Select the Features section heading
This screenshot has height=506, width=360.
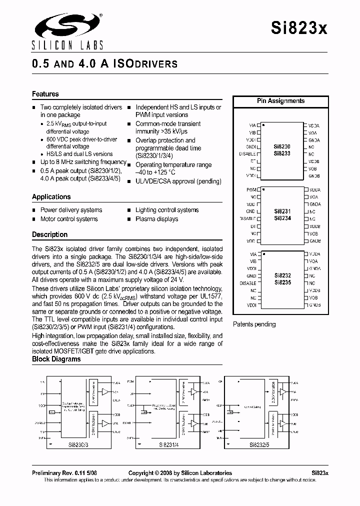click(45, 94)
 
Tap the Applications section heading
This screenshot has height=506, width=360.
click(51, 197)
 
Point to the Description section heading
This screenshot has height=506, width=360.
click(49, 234)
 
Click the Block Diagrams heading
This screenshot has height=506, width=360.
click(56, 359)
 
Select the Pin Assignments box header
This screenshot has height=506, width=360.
click(280, 101)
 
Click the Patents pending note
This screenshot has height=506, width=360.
click(254, 324)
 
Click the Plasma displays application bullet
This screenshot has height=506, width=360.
click(156, 219)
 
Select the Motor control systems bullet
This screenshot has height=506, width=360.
click(69, 219)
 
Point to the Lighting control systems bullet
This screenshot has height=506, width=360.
click(167, 210)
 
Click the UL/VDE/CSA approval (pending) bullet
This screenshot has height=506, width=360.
click(178, 181)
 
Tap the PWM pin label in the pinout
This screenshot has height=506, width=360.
click(251, 190)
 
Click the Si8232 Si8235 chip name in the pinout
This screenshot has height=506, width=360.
click(282, 279)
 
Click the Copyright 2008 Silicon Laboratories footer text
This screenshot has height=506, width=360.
click(180, 473)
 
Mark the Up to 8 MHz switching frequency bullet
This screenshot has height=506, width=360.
click(83, 162)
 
